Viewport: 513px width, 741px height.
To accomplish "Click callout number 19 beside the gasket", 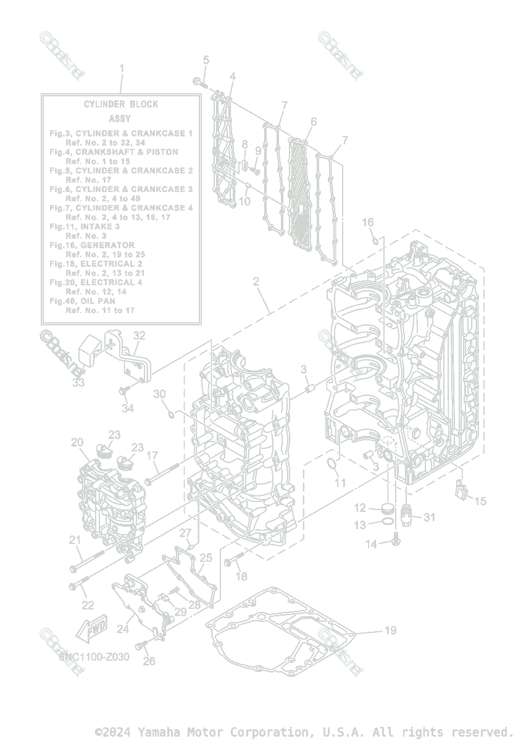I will coord(390,630).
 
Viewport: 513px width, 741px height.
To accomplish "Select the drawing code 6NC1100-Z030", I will coord(94,657).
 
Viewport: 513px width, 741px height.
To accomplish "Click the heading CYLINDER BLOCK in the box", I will coord(121,104).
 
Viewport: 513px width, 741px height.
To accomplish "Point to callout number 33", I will coord(78,383).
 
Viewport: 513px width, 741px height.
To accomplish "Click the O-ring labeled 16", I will coord(375,237).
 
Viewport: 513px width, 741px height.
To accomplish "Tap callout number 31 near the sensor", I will coord(429,517).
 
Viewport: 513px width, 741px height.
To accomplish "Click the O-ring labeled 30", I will coord(172,412).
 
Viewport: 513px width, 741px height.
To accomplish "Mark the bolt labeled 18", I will coord(230,563).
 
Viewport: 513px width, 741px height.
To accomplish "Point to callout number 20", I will coord(77,442).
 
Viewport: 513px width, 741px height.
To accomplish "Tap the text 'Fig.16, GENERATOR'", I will coord(92,245).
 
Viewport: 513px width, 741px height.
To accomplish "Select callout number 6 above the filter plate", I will coord(314,122).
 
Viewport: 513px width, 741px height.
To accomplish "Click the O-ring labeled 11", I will coord(332,465).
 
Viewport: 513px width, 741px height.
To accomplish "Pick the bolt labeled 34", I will coord(123,391).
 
